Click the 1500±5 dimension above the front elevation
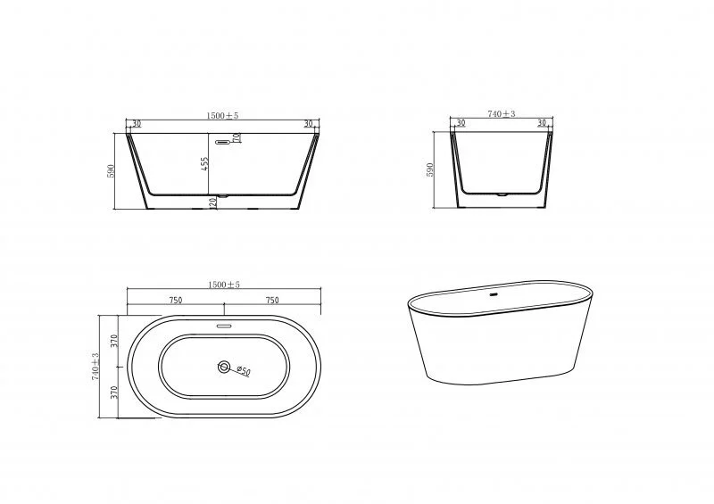[222, 115]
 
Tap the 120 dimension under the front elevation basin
[212, 202]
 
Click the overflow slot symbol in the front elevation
[227, 139]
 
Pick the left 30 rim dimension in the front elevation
[137, 124]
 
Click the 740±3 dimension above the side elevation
[503, 115]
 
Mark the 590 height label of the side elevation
[430, 169]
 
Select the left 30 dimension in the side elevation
[461, 124]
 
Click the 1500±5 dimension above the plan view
[222, 285]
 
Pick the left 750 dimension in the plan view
[175, 300]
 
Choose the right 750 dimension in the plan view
[271, 300]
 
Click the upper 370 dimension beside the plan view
[114, 341]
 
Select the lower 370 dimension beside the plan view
[114, 392]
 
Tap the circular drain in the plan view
[222, 367]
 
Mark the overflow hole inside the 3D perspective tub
[495, 291]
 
